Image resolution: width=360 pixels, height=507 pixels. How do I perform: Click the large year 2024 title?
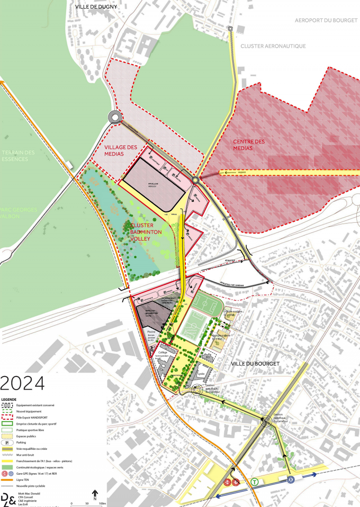(22, 383)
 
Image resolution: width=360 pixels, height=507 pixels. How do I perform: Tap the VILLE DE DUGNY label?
(96, 7)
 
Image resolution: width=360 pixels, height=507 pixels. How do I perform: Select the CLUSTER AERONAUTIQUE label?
(273, 46)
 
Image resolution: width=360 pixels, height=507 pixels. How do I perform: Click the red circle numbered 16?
(227, 482)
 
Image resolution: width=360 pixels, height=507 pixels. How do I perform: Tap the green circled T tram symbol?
(255, 481)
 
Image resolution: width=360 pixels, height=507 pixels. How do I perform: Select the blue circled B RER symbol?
(291, 480)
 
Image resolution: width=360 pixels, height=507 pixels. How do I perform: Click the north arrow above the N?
(95, 493)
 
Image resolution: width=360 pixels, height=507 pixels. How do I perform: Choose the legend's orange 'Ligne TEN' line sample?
(9, 480)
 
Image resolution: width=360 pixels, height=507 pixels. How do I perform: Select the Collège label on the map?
(162, 352)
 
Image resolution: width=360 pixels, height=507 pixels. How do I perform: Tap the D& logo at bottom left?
(8, 499)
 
